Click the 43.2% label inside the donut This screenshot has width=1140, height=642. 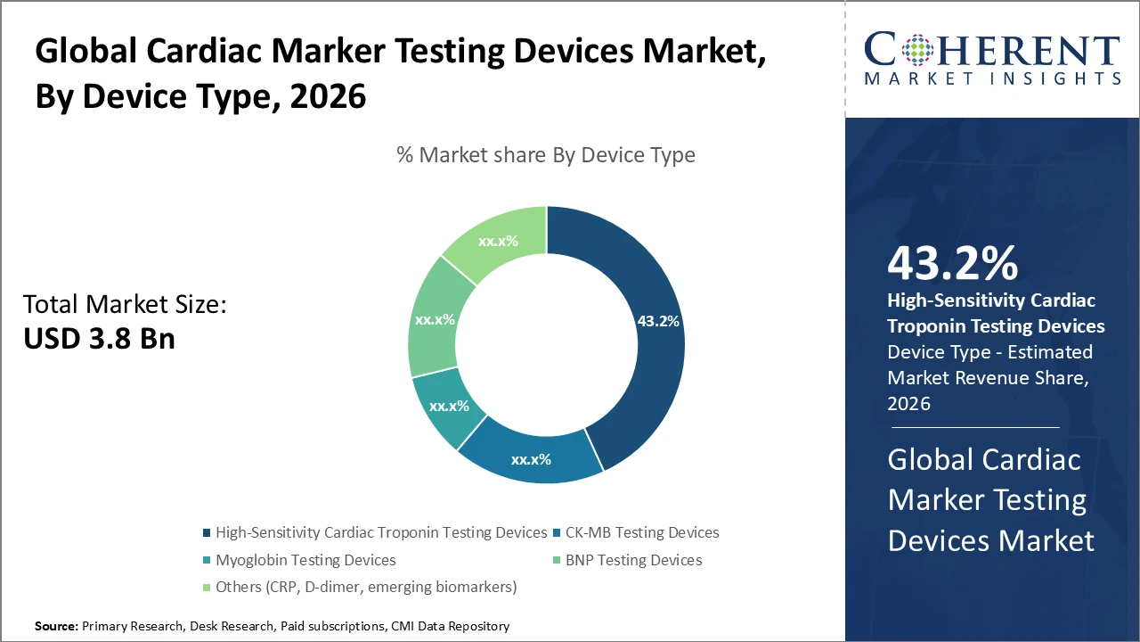coord(658,321)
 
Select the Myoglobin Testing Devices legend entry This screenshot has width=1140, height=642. coord(305,560)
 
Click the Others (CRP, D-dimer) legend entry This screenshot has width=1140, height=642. coord(365,587)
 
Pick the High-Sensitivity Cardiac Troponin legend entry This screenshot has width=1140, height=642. coord(381,532)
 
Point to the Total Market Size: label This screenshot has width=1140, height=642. coord(126,304)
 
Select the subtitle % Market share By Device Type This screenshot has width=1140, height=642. coord(545,155)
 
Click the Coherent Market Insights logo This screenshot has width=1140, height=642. coord(991,59)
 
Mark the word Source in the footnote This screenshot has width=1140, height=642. coord(56,627)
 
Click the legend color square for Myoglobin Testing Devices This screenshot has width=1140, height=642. coord(208,560)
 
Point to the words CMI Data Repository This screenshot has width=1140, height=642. coord(450,627)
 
